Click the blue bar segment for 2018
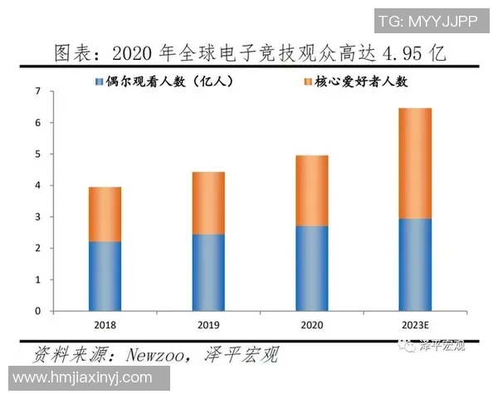pyautogui.click(x=105, y=276)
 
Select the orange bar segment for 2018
pyautogui.click(x=105, y=214)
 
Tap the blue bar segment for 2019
pyautogui.click(x=207, y=273)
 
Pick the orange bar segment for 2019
pyautogui.click(x=207, y=203)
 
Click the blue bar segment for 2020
pyautogui.click(x=311, y=268)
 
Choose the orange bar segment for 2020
pyautogui.click(x=311, y=190)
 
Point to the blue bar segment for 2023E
pyautogui.click(x=415, y=264)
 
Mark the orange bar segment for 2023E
pyautogui.click(x=415, y=163)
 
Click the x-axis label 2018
pyautogui.click(x=105, y=323)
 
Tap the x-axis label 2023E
pyautogui.click(x=415, y=323)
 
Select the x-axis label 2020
pyautogui.click(x=311, y=323)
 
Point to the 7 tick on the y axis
pyautogui.click(x=38, y=91)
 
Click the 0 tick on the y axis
pyautogui.click(x=38, y=311)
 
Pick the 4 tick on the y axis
pyautogui.click(x=38, y=185)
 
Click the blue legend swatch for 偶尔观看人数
pyautogui.click(x=100, y=81)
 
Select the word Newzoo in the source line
pyautogui.click(x=157, y=355)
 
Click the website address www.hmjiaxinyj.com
pyautogui.click(x=83, y=378)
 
